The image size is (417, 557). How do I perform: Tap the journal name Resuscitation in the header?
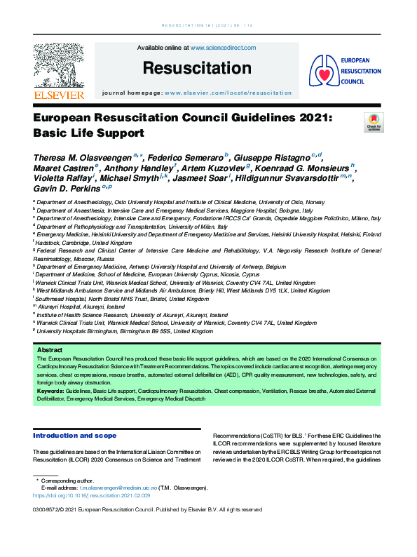[196, 68]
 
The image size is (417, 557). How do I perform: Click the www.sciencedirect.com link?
[223, 48]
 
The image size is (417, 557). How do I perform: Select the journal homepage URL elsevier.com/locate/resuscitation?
[228, 93]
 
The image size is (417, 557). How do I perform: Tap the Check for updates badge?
[374, 122]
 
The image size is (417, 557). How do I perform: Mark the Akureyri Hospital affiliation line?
[81, 307]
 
